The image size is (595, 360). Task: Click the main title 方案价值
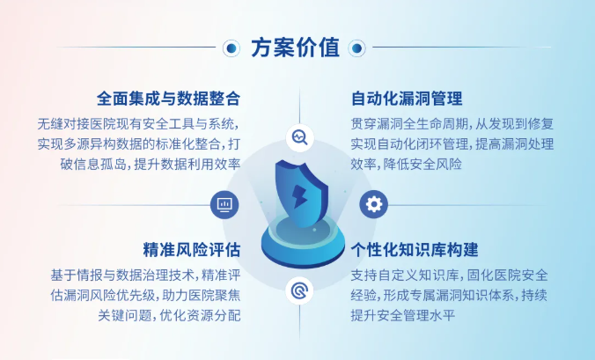(295, 48)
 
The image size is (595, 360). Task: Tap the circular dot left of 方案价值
(231, 48)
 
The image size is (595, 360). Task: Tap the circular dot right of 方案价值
(356, 48)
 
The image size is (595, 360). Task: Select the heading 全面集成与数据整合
(168, 99)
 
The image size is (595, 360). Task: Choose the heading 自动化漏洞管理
(407, 99)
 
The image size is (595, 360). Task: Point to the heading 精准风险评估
(192, 250)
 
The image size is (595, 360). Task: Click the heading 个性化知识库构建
(415, 250)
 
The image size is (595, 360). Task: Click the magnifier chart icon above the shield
(300, 137)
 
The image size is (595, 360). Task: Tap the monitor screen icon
(224, 205)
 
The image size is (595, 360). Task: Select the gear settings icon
(374, 204)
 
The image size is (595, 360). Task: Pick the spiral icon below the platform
(299, 290)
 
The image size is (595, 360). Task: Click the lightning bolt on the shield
(299, 196)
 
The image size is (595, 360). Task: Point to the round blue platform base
(303, 240)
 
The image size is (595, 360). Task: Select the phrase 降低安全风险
(422, 165)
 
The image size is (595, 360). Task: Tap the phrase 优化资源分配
(200, 315)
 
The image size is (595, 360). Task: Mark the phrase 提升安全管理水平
(402, 315)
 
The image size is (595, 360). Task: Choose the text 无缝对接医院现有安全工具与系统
(136, 124)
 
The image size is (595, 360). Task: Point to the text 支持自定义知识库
(405, 275)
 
